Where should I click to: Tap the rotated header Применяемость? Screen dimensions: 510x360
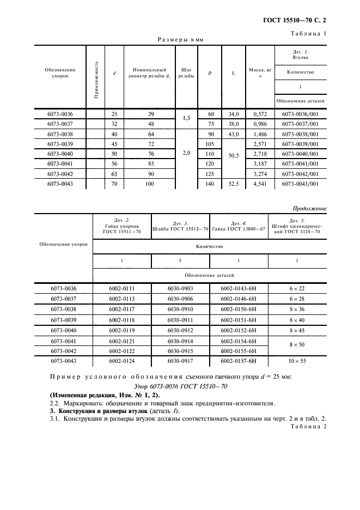[x=96, y=76]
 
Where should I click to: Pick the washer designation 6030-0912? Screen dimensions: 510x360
[x=180, y=330]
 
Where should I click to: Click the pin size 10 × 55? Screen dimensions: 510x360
[x=296, y=361]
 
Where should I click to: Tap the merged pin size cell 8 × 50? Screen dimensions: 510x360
[x=296, y=345]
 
